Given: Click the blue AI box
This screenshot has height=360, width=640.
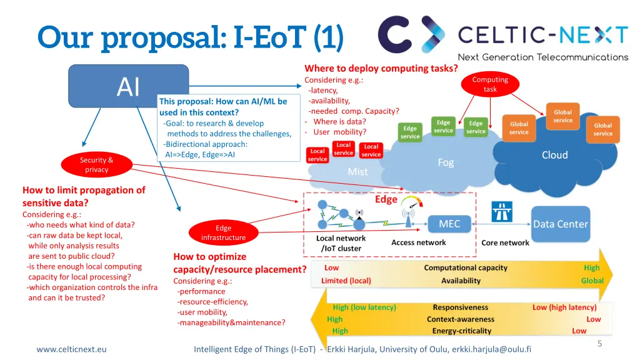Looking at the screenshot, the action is coord(128,86).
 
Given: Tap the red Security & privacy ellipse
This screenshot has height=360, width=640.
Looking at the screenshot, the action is coord(97,165).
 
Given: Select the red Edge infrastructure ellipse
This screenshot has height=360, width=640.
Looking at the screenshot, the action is coord(223,232).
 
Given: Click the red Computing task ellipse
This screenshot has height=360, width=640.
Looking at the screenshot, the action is coord(490,84).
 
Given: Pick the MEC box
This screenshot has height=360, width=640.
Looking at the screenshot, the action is coord(449,224).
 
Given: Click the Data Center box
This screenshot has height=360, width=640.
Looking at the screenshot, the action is coord(561,224).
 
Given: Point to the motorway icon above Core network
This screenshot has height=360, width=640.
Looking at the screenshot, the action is coord(502,211).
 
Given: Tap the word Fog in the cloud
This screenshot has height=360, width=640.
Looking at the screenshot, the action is coord(445,163).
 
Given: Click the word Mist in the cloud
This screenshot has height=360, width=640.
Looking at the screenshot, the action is coord(357,172).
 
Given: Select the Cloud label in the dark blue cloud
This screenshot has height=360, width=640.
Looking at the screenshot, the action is coord(555,155).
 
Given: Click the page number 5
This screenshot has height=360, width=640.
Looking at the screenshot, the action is coord(599,344).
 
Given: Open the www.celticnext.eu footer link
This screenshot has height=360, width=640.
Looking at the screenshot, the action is coord(71,349).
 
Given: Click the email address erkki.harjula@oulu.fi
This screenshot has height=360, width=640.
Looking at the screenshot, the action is coord(491,349).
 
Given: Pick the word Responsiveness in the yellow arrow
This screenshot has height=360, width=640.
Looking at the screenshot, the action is coord(461,307).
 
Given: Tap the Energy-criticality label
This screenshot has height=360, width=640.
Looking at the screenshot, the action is coord(462,331).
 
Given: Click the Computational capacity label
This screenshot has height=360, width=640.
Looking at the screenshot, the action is coord(465,267).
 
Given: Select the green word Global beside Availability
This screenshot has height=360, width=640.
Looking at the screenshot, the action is coord(592,281).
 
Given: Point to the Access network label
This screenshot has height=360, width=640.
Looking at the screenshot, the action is coord(418,242).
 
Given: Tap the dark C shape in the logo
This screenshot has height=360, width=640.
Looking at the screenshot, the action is coord(394,35).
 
